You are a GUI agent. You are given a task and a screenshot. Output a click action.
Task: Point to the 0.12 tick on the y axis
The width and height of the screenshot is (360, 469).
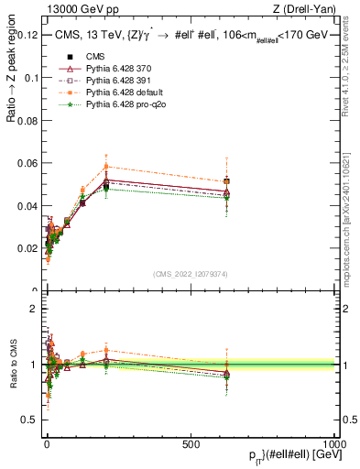point(27,35)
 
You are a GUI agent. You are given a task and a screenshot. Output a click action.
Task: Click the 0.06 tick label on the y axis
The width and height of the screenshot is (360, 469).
point(27,163)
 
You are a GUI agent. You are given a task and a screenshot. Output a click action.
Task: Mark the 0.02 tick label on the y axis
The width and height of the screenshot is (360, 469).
point(27,248)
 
